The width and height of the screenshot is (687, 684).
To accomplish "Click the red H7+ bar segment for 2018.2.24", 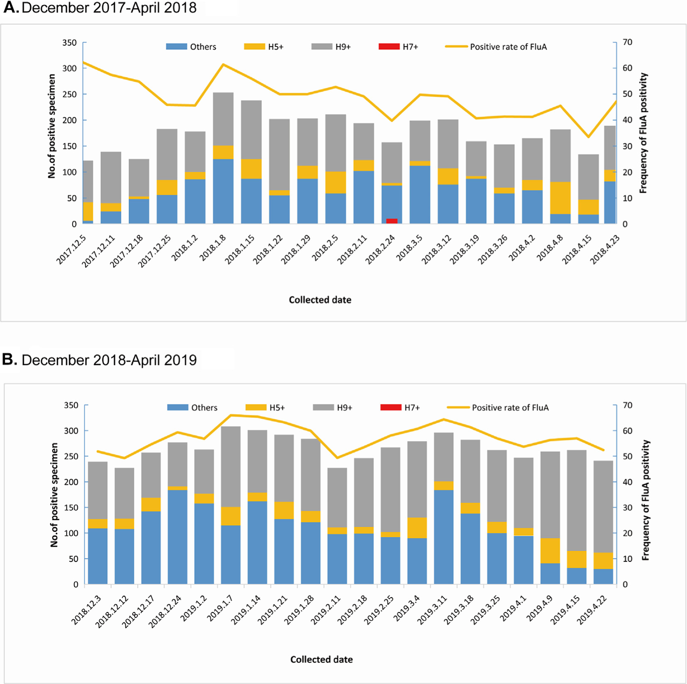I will (x=392, y=221).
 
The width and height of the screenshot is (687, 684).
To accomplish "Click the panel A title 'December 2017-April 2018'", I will (x=109, y=8).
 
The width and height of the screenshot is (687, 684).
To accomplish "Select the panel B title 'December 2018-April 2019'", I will (x=109, y=360).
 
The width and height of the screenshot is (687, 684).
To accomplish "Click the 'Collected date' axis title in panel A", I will (x=320, y=300).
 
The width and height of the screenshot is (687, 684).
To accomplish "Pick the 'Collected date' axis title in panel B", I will (x=321, y=660).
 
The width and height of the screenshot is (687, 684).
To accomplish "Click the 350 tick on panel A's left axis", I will (x=69, y=43).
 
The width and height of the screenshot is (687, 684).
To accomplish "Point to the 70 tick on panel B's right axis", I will (x=627, y=405).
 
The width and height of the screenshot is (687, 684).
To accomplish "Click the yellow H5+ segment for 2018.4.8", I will (x=560, y=198).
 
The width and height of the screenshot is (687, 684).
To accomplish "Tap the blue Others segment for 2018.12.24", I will (x=177, y=537).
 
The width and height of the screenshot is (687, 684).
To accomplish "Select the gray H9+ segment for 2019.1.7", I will (x=231, y=466).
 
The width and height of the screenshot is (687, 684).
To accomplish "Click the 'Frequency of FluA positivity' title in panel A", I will (x=643, y=133).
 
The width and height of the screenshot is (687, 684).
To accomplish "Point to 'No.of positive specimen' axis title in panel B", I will (x=54, y=495).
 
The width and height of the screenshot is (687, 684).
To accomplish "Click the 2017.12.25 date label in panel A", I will (x=155, y=251).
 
